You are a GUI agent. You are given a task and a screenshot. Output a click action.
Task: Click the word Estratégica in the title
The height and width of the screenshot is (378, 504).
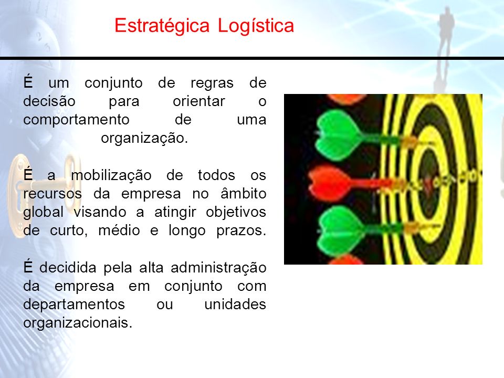(162, 26)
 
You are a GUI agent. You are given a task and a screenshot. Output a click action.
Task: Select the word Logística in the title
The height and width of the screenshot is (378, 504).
(256, 26)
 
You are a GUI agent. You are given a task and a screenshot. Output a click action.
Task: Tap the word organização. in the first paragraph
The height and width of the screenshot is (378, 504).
(144, 139)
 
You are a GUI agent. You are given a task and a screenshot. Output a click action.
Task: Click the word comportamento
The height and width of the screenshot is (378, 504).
(76, 120)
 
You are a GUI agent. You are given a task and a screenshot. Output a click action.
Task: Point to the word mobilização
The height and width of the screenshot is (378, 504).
(111, 175)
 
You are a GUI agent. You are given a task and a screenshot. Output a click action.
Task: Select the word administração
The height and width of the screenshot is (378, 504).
(218, 268)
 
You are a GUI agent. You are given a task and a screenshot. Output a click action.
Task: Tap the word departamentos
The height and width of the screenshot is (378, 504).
(74, 304)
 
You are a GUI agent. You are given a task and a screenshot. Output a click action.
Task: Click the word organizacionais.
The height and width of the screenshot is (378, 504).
(78, 323)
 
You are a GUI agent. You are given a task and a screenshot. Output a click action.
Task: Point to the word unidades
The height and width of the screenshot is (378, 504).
(235, 304)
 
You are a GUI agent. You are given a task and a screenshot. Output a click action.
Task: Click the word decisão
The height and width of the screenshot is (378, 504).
(49, 101)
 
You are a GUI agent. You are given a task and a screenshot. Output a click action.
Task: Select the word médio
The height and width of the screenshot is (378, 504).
(119, 230)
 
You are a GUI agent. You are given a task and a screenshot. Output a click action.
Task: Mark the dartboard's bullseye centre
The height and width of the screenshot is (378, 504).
(428, 183)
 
